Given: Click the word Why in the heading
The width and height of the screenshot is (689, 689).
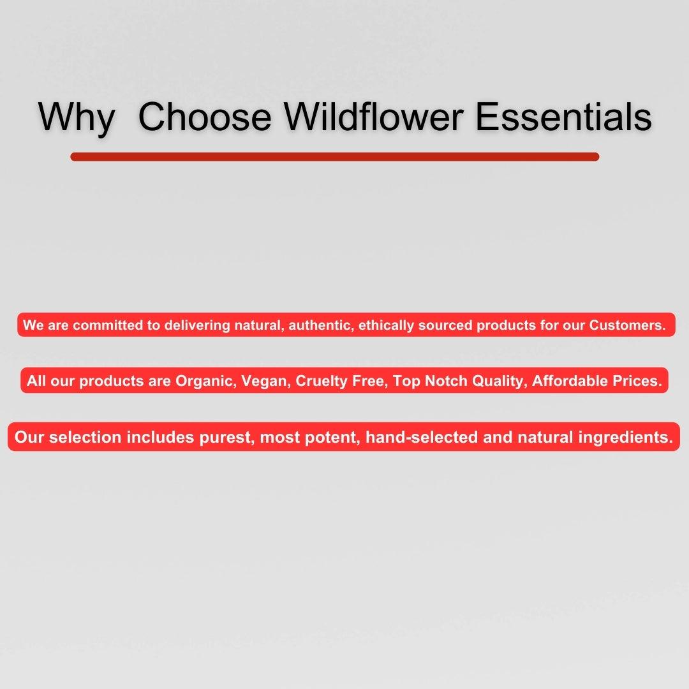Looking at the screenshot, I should (x=77, y=117).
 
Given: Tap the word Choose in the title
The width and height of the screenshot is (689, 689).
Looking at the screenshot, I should (x=204, y=117).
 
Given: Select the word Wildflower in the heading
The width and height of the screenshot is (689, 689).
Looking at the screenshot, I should (x=373, y=117).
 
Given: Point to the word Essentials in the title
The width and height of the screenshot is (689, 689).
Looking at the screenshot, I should (x=563, y=117).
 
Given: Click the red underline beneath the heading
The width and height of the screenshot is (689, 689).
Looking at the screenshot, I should (x=334, y=157).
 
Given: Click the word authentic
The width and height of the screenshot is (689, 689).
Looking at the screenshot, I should (x=320, y=325).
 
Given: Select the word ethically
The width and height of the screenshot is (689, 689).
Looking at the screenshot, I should (x=386, y=325).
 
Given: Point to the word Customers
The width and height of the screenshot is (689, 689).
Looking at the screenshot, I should (x=626, y=325).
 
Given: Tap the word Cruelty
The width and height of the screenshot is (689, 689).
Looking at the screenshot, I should (x=320, y=382).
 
